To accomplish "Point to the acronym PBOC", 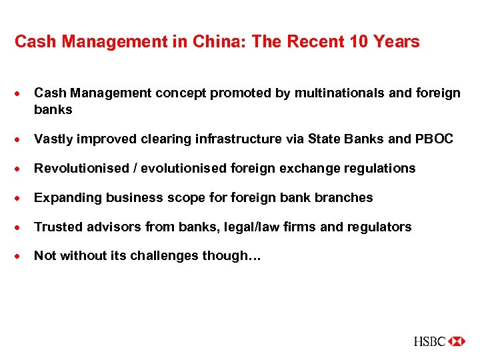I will pos(434,139).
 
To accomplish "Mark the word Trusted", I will pos(55,227).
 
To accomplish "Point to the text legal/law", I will pos(246,227).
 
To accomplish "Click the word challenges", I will pos(167,256).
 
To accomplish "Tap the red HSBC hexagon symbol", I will pos(457,341).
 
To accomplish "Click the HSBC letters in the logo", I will pos(429,341).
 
